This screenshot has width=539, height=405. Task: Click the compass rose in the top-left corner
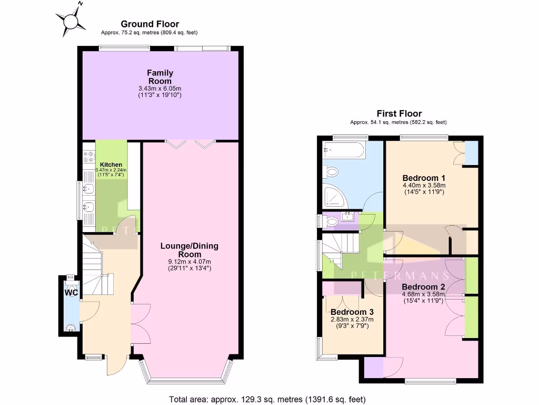point(71,20)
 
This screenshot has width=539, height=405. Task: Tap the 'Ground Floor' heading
point(150,24)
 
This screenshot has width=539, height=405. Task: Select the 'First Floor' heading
point(399,113)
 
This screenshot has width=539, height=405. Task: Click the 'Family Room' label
point(160,77)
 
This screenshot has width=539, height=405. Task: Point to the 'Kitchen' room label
point(111,165)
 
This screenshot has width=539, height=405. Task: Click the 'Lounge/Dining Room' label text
point(189,250)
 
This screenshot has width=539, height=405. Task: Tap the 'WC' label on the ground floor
point(71,292)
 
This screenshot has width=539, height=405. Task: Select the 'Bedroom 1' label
point(424,178)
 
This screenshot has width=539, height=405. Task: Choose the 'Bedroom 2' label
point(424,287)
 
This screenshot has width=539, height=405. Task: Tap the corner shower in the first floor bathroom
point(334,196)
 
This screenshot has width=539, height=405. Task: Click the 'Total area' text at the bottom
point(267,399)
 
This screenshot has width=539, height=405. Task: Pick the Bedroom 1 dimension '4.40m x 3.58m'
point(424,185)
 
